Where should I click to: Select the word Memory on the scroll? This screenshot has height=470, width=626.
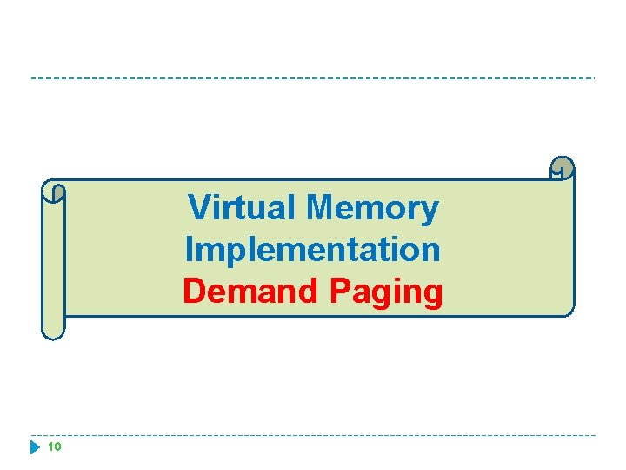[373, 209]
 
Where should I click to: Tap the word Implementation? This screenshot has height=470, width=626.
[313, 250]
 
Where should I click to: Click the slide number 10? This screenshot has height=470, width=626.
[54, 447]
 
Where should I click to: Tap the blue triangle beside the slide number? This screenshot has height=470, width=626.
[35, 447]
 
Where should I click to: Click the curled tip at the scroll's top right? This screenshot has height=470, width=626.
[563, 167]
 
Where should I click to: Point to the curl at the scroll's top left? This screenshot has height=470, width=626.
[55, 192]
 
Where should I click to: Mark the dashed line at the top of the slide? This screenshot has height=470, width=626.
[313, 78]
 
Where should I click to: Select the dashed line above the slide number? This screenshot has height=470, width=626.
[313, 435]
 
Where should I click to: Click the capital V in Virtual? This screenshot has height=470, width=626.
[200, 208]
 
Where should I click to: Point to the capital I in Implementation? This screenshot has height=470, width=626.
[189, 250]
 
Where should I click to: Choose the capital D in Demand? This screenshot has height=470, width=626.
[195, 292]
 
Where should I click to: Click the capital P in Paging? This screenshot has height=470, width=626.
[340, 292]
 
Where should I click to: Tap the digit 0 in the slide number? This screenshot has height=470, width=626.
[57, 447]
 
